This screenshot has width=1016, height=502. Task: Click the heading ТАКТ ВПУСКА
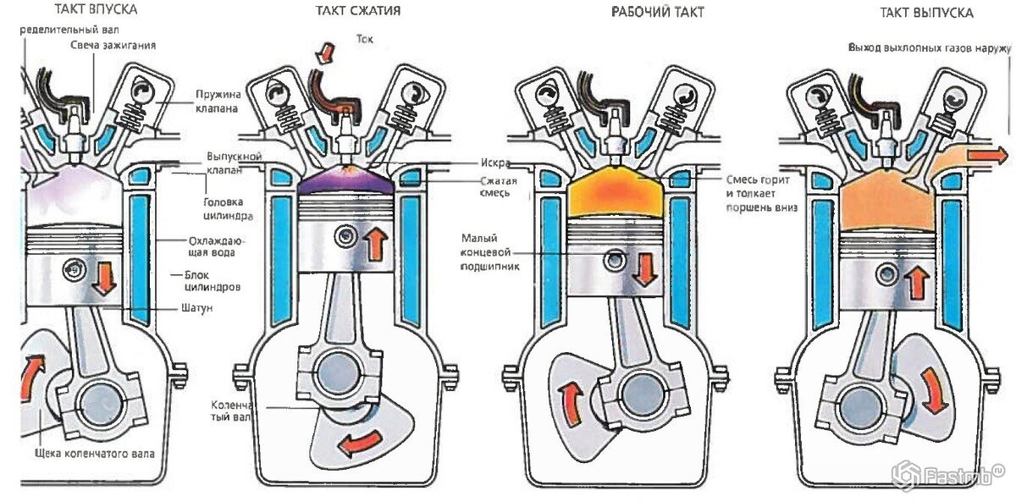pos(96,11)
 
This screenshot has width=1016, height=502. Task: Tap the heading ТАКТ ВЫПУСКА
pos(925,13)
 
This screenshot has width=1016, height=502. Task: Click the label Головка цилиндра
pos(224,208)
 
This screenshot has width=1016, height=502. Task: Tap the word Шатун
pos(196,308)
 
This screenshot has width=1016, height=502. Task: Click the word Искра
pos(495,163)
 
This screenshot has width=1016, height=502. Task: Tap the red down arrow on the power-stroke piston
pos(645,267)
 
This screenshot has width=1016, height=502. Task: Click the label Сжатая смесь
pos(494,187)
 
